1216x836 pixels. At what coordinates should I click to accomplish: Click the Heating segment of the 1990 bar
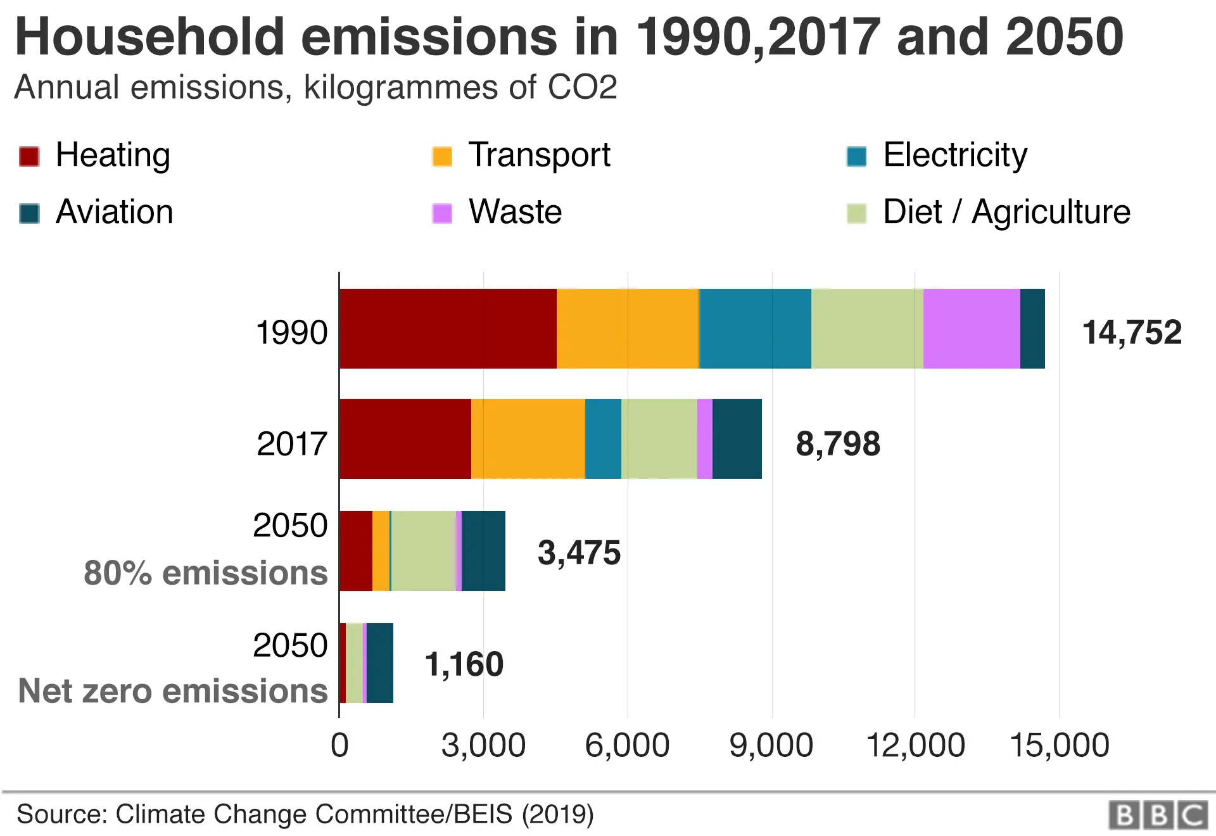pos(448,329)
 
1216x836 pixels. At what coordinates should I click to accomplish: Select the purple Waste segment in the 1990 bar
pos(972,329)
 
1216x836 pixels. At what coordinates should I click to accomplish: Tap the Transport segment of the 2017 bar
pos(528,439)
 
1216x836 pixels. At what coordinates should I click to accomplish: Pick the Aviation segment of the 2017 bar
pos(737,439)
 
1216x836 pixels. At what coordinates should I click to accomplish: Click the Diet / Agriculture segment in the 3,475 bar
pos(423,551)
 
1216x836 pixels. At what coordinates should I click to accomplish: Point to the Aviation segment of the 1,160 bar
pos(380,663)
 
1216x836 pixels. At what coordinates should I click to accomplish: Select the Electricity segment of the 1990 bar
pos(755,329)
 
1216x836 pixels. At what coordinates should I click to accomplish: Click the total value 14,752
pos(1132,332)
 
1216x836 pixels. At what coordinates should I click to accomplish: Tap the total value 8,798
pos(837,443)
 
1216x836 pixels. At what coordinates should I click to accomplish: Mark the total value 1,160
pos(464,664)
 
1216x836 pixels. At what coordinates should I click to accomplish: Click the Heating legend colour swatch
pos(30,156)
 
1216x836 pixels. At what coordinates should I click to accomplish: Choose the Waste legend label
pos(515,212)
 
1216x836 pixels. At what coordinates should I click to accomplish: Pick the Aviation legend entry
pos(114,212)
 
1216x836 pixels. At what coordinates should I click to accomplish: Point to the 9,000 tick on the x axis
pos(771,745)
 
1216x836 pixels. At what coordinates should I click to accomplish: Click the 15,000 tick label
pos(1059,745)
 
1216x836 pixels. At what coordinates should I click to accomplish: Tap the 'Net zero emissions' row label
pos(173,691)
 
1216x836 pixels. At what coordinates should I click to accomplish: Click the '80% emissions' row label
pos(206,573)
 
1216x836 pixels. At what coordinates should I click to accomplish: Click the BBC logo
pos(1158,815)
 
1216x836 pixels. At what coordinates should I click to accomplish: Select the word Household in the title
pos(150,37)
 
